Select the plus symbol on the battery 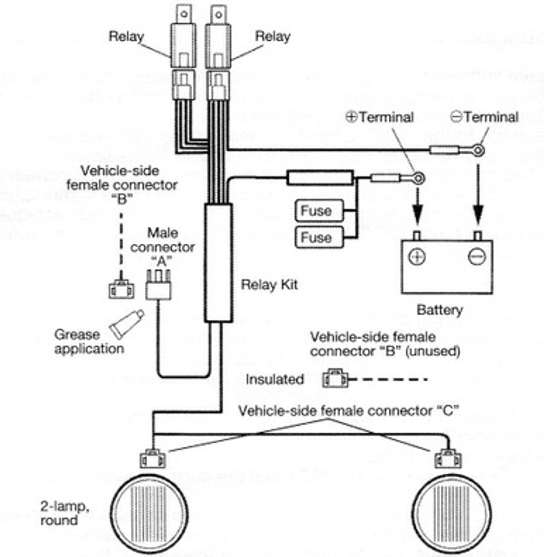417,256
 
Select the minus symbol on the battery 477,256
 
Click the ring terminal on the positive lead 418,178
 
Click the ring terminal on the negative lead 478,151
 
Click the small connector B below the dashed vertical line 121,290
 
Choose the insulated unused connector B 335,379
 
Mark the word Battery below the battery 440,310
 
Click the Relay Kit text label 269,285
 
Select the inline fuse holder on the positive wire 320,178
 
